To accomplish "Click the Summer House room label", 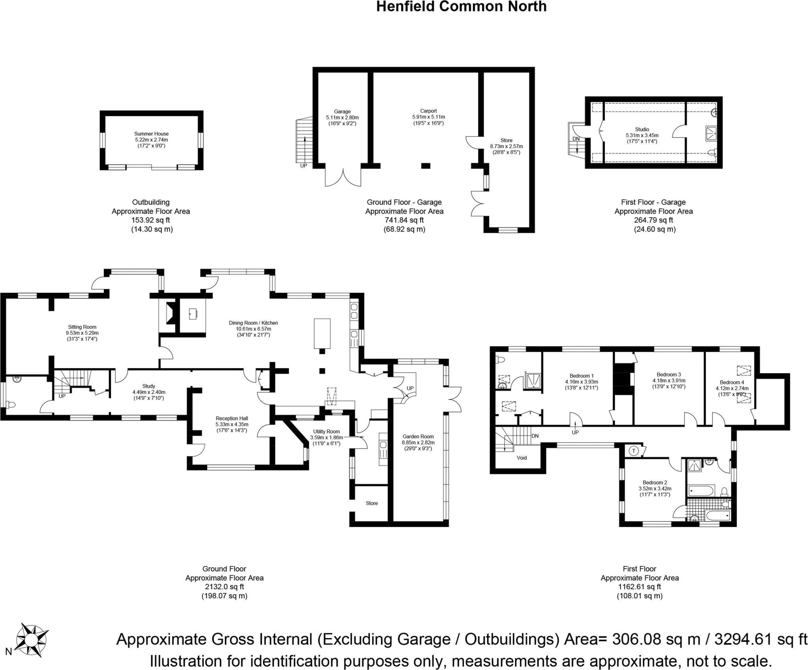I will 151,134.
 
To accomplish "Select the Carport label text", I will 428,111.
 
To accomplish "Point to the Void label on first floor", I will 522,458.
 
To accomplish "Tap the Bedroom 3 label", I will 669,374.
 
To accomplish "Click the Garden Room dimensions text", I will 418,443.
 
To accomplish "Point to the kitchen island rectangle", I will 322,333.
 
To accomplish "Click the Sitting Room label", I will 82,327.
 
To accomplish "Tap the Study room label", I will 149,386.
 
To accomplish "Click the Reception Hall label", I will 232,418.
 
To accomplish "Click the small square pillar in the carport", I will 425,166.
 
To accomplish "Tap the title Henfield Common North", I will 461,7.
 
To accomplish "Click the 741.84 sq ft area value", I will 404,220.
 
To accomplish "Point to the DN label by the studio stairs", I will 576,139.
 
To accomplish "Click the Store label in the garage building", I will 506,140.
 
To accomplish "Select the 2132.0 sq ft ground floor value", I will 224,587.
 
